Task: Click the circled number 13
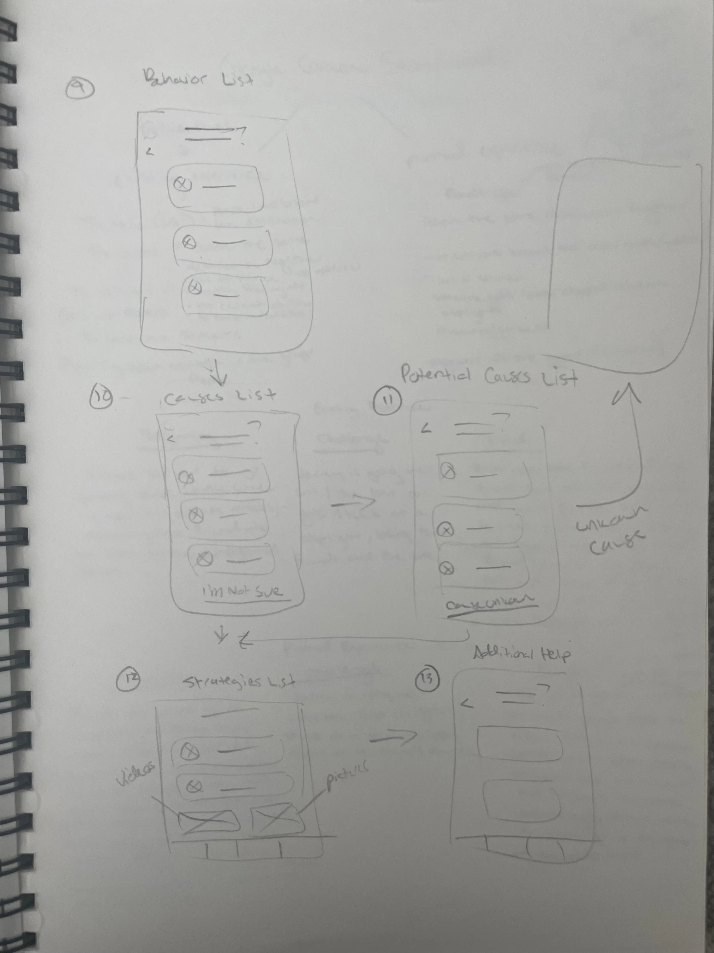(x=426, y=679)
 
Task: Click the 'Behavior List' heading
(x=198, y=80)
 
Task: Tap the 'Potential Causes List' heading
(x=488, y=376)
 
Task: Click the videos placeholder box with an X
(x=209, y=821)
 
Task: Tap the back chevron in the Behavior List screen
(x=149, y=151)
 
